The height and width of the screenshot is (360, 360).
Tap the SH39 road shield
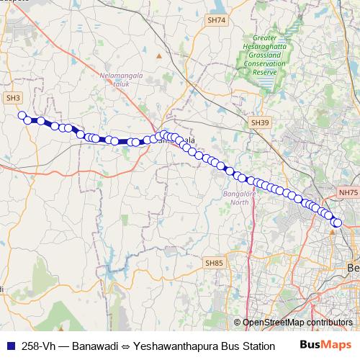click(259, 124)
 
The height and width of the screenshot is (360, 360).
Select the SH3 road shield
click(13, 97)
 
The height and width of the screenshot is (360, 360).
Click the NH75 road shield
click(347, 193)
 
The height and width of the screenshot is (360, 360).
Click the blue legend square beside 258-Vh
click(11, 345)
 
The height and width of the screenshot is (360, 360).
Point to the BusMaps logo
click(325, 344)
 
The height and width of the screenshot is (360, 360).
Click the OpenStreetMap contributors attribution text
click(297, 322)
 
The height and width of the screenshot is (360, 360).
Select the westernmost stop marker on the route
click(22, 115)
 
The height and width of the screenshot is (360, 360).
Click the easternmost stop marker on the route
click(337, 222)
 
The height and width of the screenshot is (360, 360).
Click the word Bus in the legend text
click(227, 345)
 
